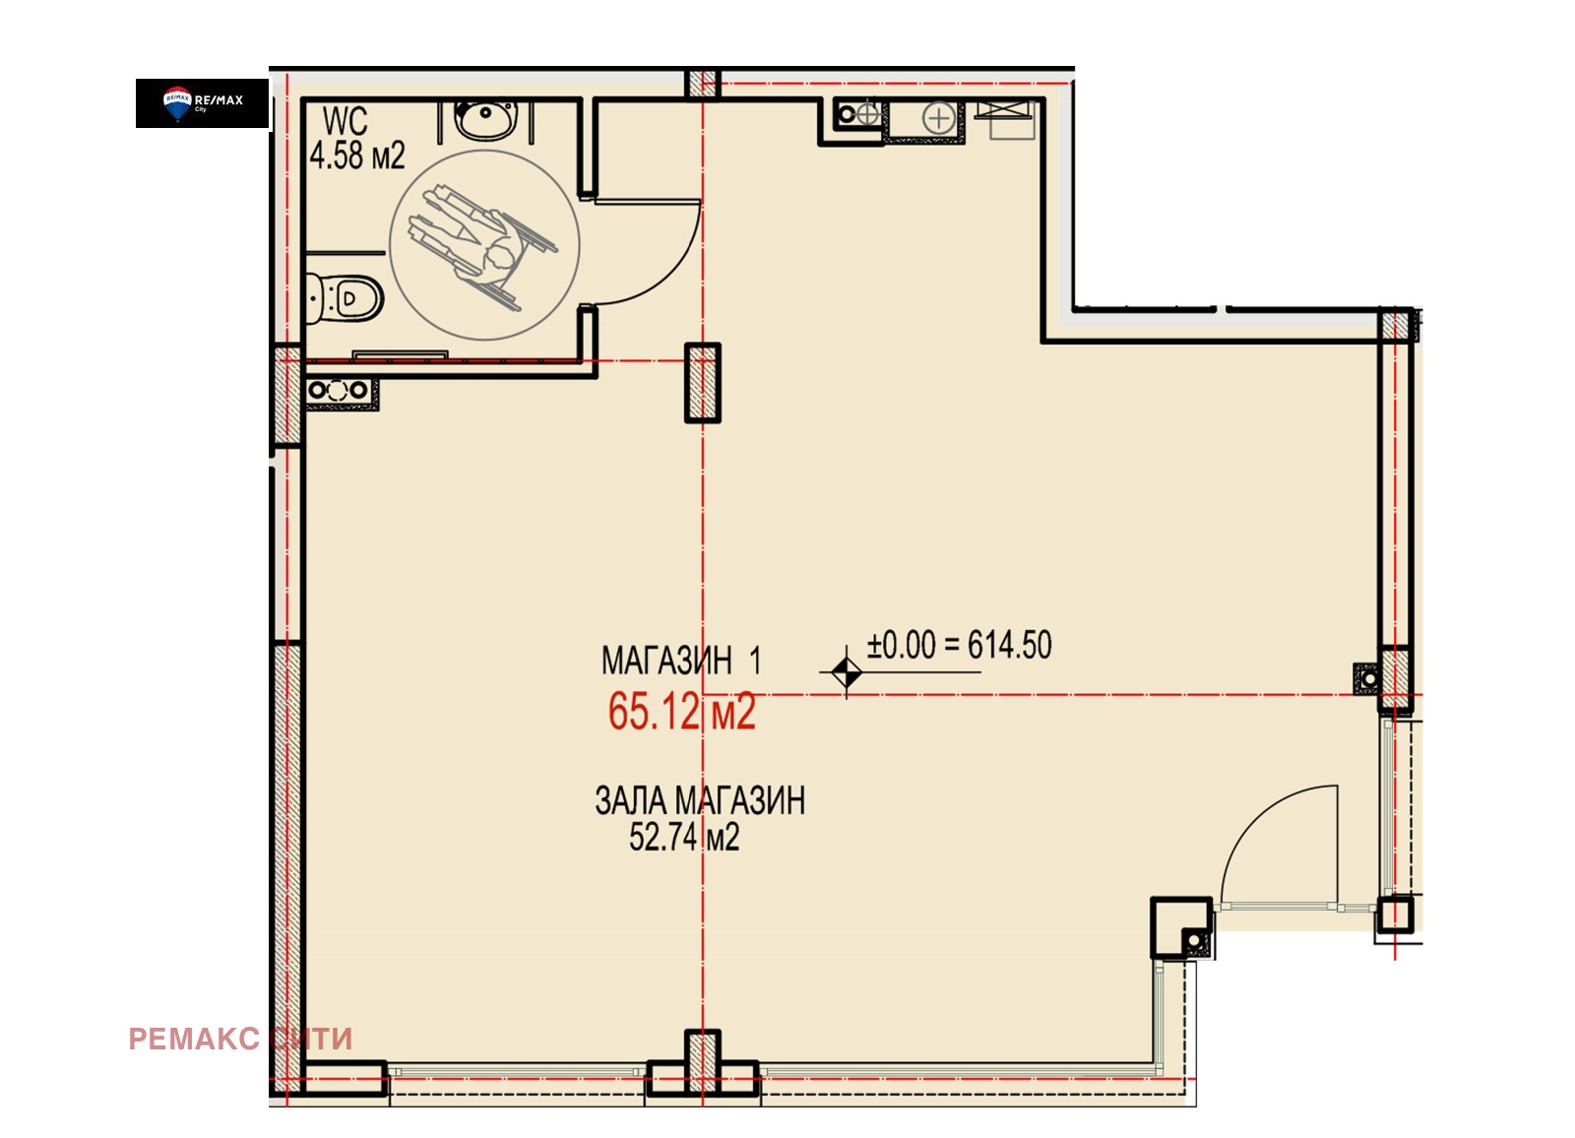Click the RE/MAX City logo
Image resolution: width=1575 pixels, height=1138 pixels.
(203, 103)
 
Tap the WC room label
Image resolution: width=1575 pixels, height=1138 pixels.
(345, 121)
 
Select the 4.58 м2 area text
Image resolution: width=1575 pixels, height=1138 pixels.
(357, 156)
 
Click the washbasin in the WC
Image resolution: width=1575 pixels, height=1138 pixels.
(486, 119)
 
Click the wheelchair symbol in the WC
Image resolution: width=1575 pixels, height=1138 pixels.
(483, 247)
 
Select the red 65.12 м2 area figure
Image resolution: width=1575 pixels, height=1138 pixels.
(681, 711)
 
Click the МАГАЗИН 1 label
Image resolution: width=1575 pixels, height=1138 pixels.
(680, 661)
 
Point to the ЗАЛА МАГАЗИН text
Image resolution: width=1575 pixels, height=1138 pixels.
(700, 800)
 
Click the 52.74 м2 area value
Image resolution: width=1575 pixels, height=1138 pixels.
(684, 838)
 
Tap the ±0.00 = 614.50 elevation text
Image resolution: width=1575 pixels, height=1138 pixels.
(959, 645)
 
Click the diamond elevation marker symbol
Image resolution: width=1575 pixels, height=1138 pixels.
(846, 672)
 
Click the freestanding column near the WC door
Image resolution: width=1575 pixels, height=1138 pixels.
(703, 383)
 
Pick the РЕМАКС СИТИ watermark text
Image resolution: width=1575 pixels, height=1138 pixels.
(240, 1039)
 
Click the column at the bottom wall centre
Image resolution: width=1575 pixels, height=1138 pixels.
(703, 1063)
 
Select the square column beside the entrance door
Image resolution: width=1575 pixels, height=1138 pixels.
(1182, 927)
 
